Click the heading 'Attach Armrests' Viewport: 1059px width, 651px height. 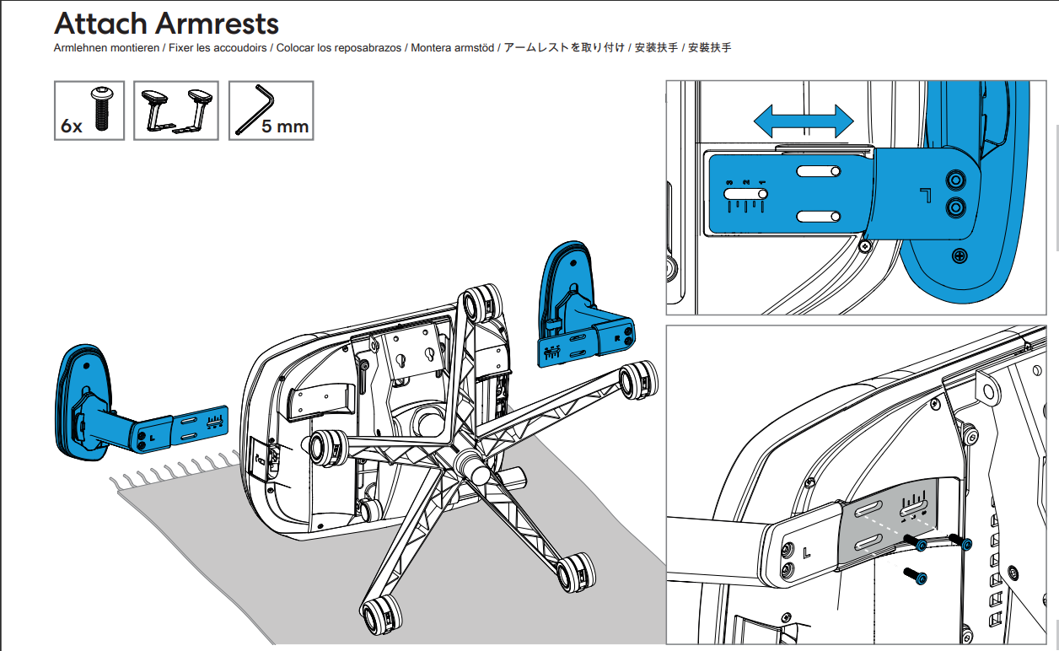point(166,23)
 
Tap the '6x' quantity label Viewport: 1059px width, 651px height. point(72,126)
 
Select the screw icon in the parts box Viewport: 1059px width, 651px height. point(102,108)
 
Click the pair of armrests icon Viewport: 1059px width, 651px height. point(176,110)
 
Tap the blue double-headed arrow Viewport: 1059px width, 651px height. point(804,121)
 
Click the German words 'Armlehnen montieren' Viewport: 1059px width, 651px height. point(106,48)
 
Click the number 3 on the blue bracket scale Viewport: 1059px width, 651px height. point(731,182)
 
